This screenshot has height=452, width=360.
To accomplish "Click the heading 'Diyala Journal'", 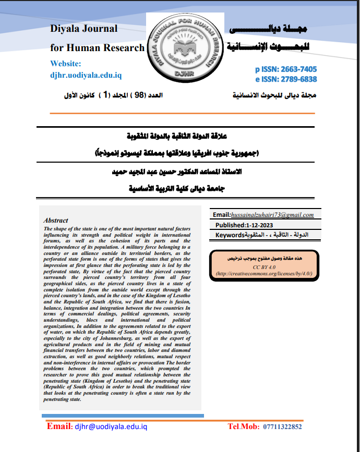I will coord(83,29).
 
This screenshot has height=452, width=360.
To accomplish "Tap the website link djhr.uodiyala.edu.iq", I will coord(86,75).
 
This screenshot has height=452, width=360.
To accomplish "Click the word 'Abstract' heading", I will coord(56,221).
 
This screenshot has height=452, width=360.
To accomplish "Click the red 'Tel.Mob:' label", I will coord(244,426).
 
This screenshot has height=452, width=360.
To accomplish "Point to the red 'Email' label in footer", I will coord(58,426).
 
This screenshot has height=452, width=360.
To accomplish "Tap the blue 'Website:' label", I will coord(66,64).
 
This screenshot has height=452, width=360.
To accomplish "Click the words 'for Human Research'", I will coord(97,48).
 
